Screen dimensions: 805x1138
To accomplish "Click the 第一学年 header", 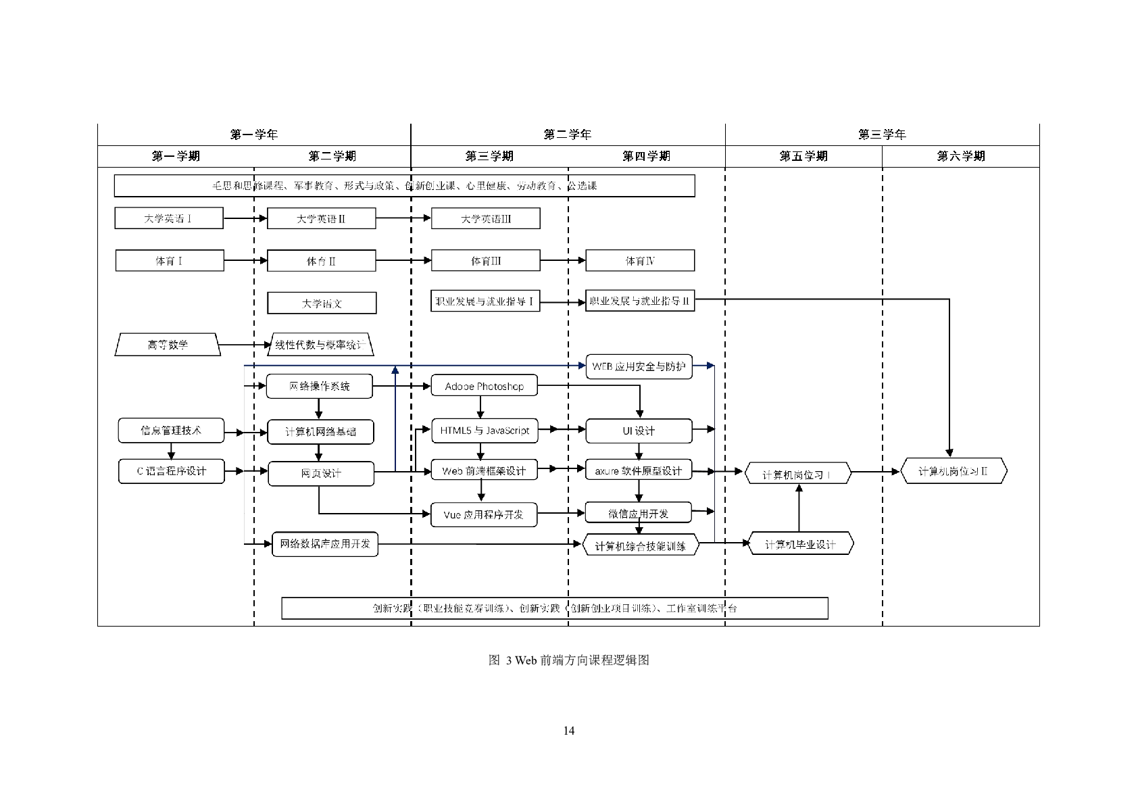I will pos(254,135).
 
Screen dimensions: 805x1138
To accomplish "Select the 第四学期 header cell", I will pos(646,156).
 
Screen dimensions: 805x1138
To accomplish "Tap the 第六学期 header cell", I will pos(960,156).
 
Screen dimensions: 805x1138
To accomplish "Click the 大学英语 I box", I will pos(169,218).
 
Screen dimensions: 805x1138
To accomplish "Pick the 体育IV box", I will pos(639,260).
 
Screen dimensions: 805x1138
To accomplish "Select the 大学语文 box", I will pos(322,303).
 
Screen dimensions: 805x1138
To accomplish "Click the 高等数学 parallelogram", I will pos(168,345).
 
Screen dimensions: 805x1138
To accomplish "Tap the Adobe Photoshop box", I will pos(484,387).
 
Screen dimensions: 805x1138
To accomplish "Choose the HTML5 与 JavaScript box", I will pos(485,431).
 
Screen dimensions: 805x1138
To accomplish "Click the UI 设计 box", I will pos(639,431).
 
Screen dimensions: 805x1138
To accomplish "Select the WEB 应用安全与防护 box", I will pos(639,366).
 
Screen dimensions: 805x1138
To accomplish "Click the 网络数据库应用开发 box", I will pos(325,543).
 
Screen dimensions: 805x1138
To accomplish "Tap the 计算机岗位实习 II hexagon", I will pos(954,471).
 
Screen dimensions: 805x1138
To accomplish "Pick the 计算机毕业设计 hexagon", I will pos(800,544).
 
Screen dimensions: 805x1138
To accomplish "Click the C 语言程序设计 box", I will pos(171,471).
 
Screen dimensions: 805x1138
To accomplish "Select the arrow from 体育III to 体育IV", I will pos(562,260).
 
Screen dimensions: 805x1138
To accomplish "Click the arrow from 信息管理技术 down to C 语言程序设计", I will pos(171,451).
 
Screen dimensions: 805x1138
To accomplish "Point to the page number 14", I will pos(568,731).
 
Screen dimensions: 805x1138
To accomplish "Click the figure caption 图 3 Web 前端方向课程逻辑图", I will pos(568,660).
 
